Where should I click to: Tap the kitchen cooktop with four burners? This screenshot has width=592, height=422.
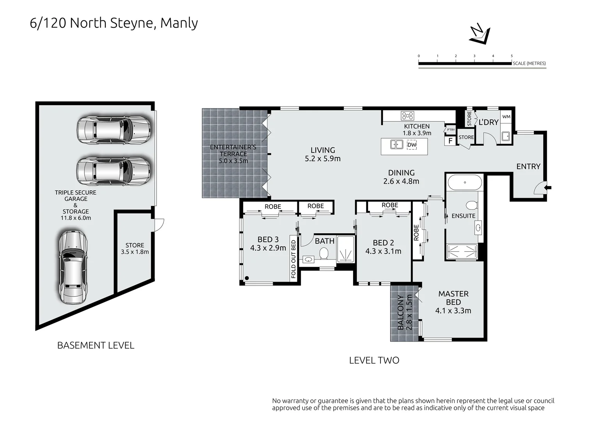[x=407, y=116]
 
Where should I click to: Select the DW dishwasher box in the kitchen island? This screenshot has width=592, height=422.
[x=412, y=145]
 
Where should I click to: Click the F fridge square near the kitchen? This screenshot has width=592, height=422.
[x=450, y=141]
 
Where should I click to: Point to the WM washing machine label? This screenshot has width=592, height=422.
[x=506, y=116]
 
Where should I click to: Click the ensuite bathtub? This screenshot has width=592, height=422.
[x=464, y=182]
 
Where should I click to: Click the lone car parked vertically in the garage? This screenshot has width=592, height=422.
[x=73, y=266]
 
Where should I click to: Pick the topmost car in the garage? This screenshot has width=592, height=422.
[x=114, y=130]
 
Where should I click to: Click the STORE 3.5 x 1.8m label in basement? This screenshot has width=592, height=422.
[x=135, y=249]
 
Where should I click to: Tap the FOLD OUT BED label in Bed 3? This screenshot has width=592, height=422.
[x=293, y=258]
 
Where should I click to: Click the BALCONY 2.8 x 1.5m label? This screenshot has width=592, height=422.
[x=404, y=313]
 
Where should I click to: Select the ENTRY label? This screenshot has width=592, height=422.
[x=528, y=166]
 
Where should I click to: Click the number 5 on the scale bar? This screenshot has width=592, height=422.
[x=512, y=56]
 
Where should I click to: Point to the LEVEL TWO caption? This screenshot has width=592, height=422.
[x=374, y=360]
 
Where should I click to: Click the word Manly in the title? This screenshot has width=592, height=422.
[x=179, y=23]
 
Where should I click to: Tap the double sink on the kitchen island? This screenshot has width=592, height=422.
[x=396, y=145]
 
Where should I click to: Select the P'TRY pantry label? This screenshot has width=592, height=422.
[x=451, y=130]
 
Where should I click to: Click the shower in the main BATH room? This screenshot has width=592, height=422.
[x=345, y=249]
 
